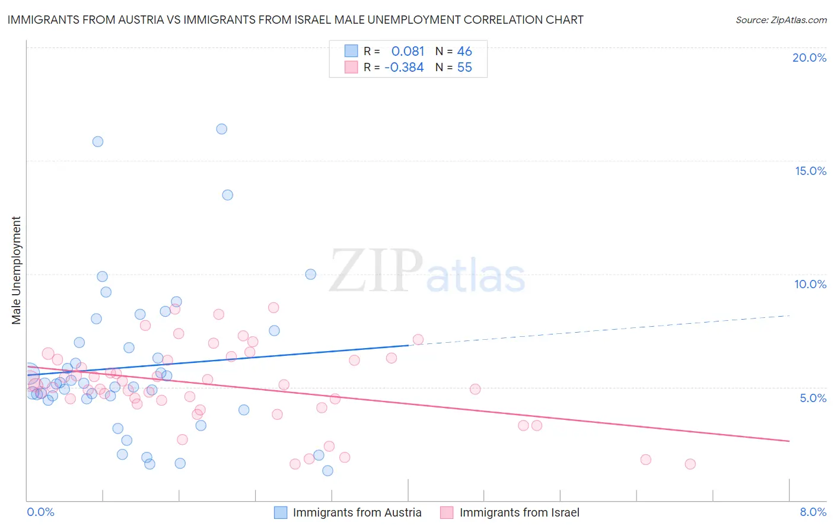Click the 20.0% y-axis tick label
click(x=809, y=58)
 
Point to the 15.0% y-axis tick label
click(x=810, y=171)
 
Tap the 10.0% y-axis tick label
click(x=810, y=284)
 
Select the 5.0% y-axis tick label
click(x=813, y=398)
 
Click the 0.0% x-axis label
click(x=40, y=512)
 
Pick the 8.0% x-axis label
click(x=813, y=512)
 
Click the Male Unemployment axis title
click(x=16, y=270)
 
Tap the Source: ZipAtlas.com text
click(x=781, y=20)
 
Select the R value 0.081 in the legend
click(x=408, y=52)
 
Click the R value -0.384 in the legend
click(x=404, y=68)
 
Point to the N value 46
click(x=464, y=52)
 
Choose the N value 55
click(x=464, y=68)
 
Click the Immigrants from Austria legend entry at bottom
click(x=348, y=512)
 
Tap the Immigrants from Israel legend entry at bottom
click(x=510, y=512)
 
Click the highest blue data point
click(x=222, y=129)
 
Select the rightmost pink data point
click(x=690, y=464)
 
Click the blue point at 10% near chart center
click(x=310, y=274)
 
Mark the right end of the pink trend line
click(x=789, y=441)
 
